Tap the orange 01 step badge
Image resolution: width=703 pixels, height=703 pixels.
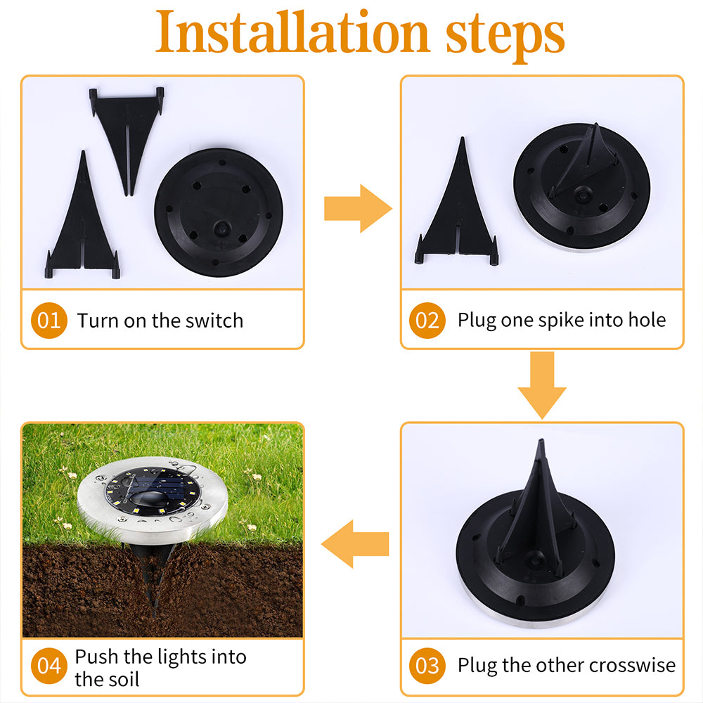click(49, 321)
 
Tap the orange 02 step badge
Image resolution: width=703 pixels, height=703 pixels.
click(427, 321)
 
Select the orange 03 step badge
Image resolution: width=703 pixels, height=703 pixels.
click(427, 665)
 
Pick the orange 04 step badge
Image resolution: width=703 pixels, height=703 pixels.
click(49, 665)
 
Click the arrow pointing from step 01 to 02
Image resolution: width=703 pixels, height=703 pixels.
click(357, 208)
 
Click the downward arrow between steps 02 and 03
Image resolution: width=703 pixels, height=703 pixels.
click(541, 383)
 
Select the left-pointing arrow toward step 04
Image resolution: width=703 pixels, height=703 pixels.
click(355, 543)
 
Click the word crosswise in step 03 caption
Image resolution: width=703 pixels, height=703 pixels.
click(632, 665)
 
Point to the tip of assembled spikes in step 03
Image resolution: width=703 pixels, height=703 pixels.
click(539, 444)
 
